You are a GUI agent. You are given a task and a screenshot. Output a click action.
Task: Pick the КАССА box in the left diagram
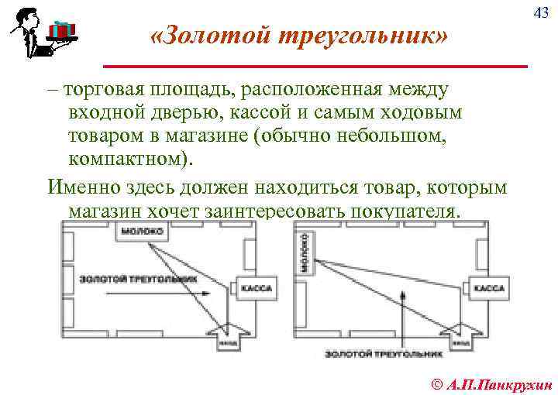(x=256, y=288)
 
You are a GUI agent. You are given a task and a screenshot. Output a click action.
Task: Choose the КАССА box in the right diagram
(x=487, y=288)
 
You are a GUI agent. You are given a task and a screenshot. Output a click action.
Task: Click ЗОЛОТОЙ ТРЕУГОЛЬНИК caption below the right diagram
(x=383, y=354)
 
